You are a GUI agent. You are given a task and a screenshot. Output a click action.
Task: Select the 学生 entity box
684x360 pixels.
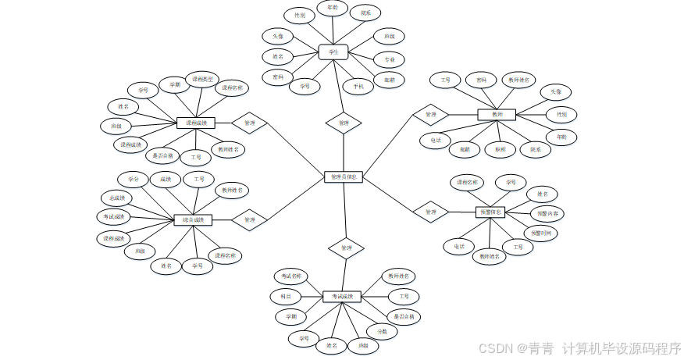point(333,52)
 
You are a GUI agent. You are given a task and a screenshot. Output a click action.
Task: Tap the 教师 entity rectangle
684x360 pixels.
point(497,115)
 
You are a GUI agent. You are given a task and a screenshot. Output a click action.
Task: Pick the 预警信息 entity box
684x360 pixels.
point(491,212)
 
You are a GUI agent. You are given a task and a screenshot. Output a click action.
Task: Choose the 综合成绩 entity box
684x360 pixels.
point(193,220)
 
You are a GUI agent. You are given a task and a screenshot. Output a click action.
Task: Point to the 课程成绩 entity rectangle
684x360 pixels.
point(195,123)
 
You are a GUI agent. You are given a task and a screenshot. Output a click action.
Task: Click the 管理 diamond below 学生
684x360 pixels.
point(344,123)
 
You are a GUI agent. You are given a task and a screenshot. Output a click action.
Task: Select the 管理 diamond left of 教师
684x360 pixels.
point(430,115)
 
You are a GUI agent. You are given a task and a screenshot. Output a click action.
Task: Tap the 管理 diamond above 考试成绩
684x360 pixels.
point(346,248)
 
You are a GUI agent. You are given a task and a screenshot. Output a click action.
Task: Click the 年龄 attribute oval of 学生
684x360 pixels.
point(333,9)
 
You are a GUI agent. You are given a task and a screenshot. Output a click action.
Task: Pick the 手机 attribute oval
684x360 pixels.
point(358,87)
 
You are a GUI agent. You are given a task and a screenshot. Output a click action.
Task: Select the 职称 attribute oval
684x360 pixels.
point(500,148)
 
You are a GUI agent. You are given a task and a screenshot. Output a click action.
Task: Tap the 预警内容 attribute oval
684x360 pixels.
point(547,213)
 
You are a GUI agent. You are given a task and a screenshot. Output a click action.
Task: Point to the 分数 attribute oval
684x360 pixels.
point(383,332)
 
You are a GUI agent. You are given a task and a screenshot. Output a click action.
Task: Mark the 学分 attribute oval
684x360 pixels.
point(133,180)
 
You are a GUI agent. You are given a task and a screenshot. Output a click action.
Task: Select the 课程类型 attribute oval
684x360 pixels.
point(203,79)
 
